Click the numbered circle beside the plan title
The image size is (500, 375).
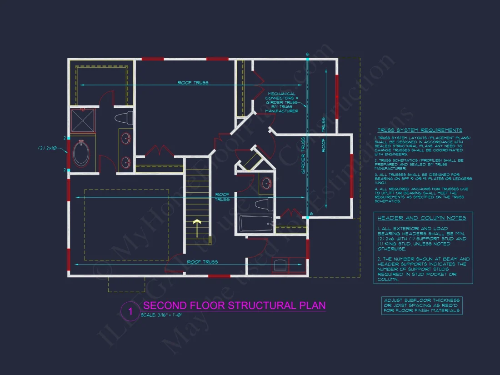130,311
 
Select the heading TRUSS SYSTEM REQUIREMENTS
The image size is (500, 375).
420,130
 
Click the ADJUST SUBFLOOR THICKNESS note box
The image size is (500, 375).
422,305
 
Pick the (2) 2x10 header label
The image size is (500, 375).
47,148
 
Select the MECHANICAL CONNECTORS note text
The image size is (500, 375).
281,102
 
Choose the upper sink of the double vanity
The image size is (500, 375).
125,137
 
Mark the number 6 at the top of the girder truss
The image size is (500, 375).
307,55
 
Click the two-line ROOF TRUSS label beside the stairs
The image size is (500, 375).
222,197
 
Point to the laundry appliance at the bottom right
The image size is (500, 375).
281,264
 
